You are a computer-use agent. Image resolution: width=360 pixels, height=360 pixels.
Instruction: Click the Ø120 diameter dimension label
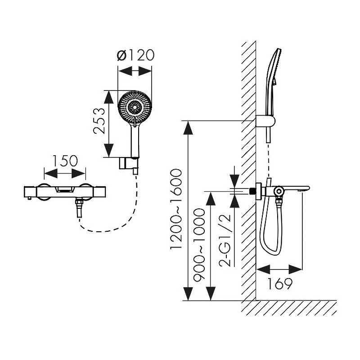pos(135,55)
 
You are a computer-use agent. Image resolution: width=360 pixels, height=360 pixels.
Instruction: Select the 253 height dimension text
pos(99,121)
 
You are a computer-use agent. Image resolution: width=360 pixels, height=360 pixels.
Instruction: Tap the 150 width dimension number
pos(65,161)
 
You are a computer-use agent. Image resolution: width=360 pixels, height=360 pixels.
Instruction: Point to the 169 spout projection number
pos(280,284)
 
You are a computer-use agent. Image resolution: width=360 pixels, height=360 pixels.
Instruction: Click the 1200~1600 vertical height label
pos(176,209)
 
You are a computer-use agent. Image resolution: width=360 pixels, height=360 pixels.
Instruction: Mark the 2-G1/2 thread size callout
pos(225,240)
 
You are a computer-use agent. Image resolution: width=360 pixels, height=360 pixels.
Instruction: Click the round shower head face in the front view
pos(135,107)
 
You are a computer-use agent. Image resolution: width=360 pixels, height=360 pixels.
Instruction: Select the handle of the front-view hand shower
pos(135,141)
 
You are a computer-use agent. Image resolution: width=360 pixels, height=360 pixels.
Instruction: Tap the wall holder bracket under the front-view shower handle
pos(129,164)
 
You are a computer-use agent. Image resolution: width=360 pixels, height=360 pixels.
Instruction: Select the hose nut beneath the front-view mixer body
pos(79,203)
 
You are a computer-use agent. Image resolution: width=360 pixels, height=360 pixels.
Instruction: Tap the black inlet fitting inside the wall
pos(252,191)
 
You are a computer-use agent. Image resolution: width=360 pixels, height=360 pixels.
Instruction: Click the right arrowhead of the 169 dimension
pos(295,269)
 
